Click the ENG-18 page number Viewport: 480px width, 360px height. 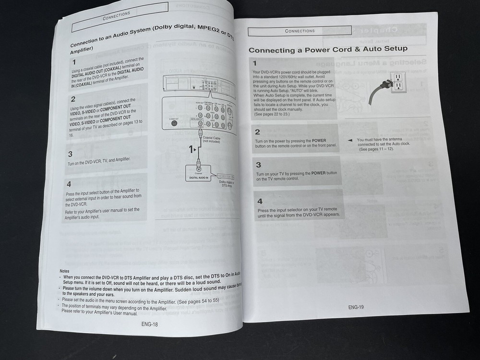149,324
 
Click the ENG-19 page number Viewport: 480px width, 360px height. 356,307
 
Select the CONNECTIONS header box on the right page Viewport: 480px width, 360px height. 300,31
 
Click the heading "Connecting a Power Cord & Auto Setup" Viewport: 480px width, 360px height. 328,49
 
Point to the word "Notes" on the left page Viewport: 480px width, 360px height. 64,271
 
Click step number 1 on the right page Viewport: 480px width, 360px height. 255,63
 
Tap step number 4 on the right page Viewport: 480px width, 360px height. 259,201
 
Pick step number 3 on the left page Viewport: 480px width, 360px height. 70,154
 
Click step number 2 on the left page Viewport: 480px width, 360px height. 73,99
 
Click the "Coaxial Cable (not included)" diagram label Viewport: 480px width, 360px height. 211,139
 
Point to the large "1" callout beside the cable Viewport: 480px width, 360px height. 191,149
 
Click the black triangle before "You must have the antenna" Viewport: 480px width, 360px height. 350,140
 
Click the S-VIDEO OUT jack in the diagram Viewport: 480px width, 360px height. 174,122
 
